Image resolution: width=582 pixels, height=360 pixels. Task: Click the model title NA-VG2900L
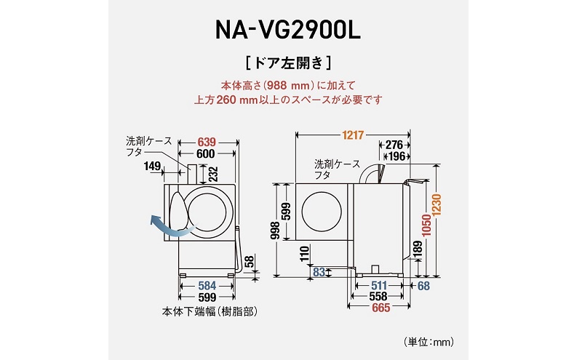click(x=290, y=30)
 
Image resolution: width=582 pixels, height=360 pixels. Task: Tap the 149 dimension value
click(x=153, y=167)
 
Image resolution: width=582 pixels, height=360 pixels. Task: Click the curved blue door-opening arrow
click(x=165, y=225)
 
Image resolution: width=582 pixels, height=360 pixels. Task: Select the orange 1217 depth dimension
click(x=351, y=135)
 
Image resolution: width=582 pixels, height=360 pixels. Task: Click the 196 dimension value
click(x=396, y=157)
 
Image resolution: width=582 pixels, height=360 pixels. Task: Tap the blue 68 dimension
click(x=424, y=284)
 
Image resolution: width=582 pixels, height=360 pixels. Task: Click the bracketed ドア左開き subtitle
click(x=290, y=60)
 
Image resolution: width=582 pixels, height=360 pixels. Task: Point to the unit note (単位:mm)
click(x=428, y=340)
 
